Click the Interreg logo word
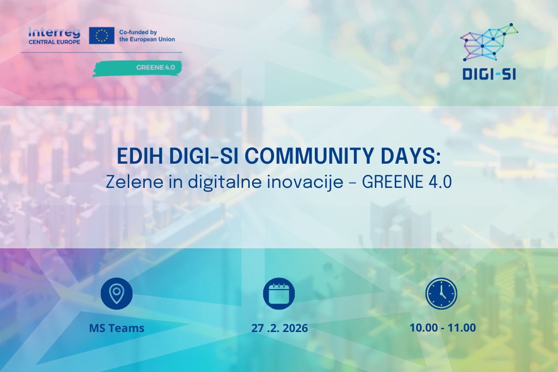[x=54, y=33]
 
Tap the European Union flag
[x=101, y=35]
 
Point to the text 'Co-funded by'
[x=138, y=32]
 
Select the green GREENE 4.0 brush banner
[x=138, y=67]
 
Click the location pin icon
[x=117, y=293]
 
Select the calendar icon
[x=279, y=293]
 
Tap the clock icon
[x=441, y=293]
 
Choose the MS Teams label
[x=117, y=328]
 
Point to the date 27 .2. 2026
[x=279, y=328]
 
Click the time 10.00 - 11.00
[x=443, y=327]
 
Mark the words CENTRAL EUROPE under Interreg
[x=54, y=41]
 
